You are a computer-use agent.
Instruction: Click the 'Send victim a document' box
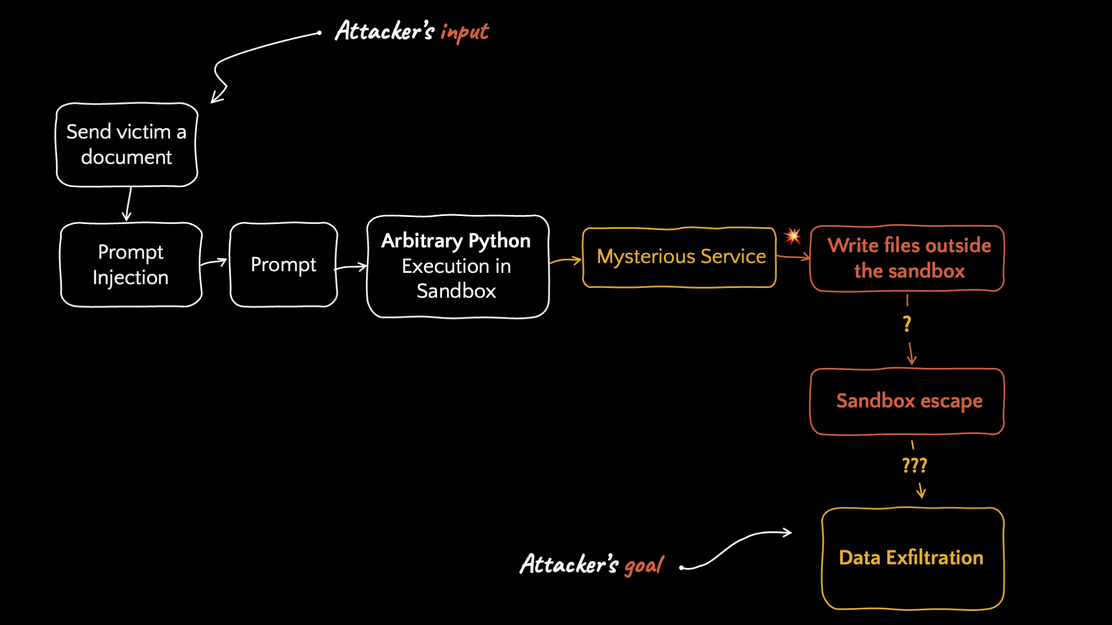(127, 145)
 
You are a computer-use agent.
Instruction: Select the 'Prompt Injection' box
(131, 265)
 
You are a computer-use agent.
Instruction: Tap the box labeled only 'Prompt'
(283, 265)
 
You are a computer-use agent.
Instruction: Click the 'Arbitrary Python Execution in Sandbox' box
(457, 266)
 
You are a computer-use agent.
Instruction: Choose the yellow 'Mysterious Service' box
(679, 257)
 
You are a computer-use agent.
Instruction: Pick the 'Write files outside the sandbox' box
(907, 258)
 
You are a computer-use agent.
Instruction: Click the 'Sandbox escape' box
(907, 401)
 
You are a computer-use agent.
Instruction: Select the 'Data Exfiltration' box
(913, 558)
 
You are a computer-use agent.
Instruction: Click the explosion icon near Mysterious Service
(793, 236)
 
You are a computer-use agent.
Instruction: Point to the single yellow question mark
(907, 324)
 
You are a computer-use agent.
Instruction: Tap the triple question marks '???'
(914, 465)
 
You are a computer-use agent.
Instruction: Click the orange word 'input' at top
(464, 32)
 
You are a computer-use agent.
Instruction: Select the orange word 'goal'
(644, 565)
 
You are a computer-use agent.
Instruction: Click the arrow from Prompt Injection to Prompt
(213, 263)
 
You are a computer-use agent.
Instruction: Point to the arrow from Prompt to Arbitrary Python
(351, 267)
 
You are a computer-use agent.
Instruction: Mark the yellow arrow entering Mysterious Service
(565, 261)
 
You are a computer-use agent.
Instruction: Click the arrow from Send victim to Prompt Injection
(128, 204)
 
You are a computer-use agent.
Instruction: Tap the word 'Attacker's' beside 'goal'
(569, 564)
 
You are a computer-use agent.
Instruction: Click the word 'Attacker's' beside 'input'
(384, 30)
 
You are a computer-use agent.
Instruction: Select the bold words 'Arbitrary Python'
(456, 241)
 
